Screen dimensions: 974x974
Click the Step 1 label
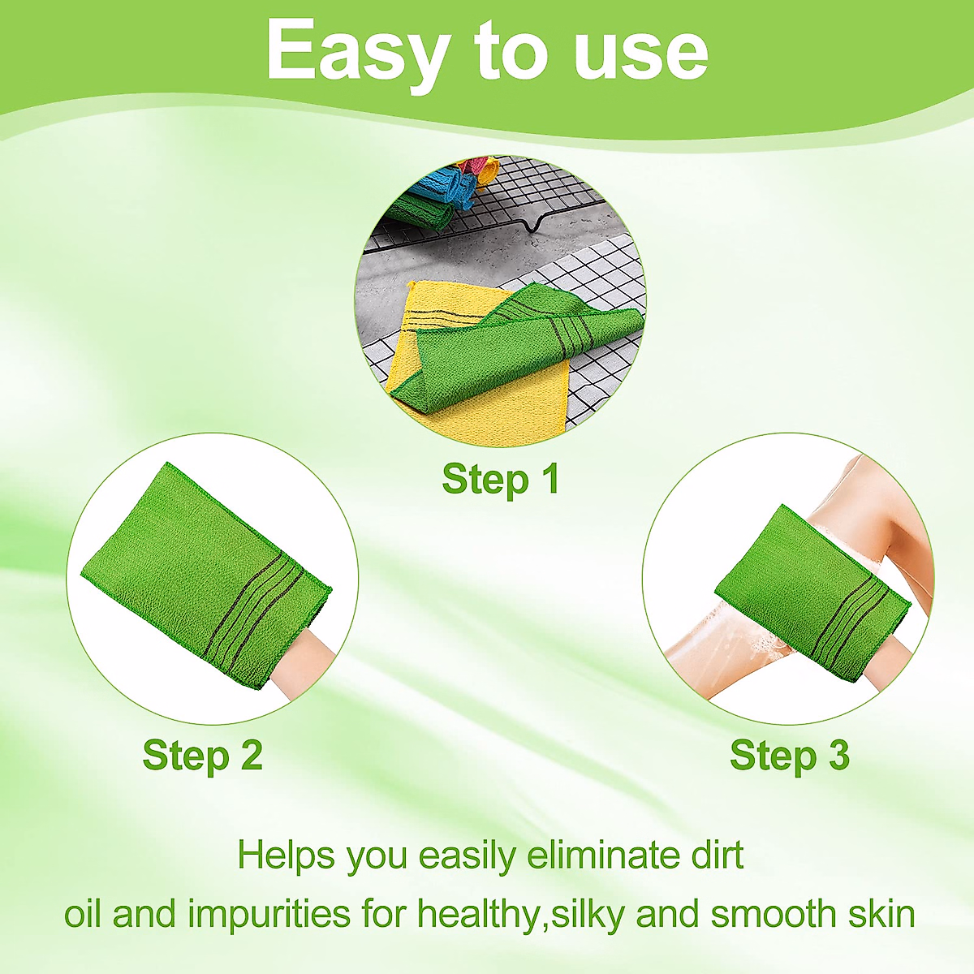point(501,479)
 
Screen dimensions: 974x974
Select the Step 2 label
point(203,755)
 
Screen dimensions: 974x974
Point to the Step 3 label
point(790,755)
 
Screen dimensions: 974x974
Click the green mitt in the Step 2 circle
point(206,575)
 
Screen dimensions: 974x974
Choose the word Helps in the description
point(286,856)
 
